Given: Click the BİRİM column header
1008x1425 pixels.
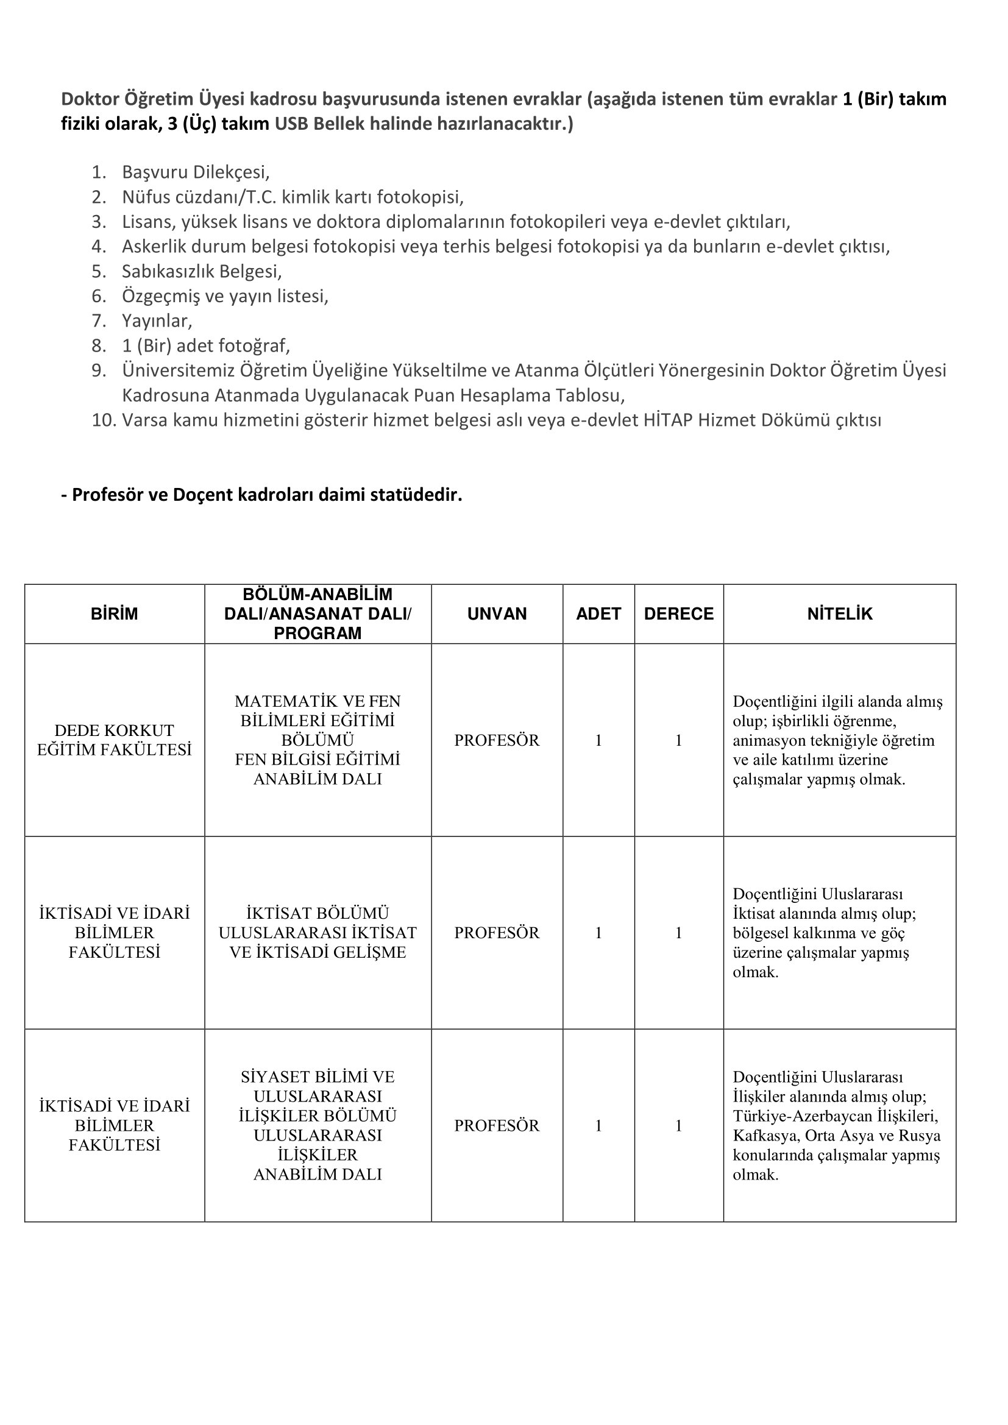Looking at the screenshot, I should pyautogui.click(x=114, y=614).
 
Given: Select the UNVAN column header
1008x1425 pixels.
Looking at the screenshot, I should pyautogui.click(x=497, y=614).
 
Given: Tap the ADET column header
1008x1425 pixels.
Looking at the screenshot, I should pyautogui.click(x=598, y=614).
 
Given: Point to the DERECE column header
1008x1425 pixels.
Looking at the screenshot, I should pyautogui.click(x=678, y=614).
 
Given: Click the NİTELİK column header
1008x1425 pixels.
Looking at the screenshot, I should pyautogui.click(x=839, y=614).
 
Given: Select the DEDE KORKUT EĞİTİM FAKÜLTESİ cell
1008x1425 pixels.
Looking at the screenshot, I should pyautogui.click(x=114, y=740).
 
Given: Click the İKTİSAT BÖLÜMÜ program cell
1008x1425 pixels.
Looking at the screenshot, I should pyautogui.click(x=317, y=932).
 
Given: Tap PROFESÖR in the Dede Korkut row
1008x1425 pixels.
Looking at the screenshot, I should pyautogui.click(x=497, y=740).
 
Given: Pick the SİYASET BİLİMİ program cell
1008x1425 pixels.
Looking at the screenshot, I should pyautogui.click(x=317, y=1125).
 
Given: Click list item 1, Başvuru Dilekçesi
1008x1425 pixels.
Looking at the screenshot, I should pyautogui.click(x=196, y=172).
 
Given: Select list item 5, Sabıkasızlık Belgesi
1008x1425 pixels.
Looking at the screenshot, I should pyautogui.click(x=202, y=271).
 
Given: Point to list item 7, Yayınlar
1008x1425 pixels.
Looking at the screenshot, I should pyautogui.click(x=157, y=321).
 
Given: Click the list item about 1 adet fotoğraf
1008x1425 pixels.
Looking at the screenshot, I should pyautogui.click(x=206, y=345).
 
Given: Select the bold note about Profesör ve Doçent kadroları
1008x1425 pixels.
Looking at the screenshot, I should pyautogui.click(x=261, y=495).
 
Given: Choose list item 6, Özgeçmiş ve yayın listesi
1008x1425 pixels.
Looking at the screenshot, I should pyautogui.click(x=225, y=296).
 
